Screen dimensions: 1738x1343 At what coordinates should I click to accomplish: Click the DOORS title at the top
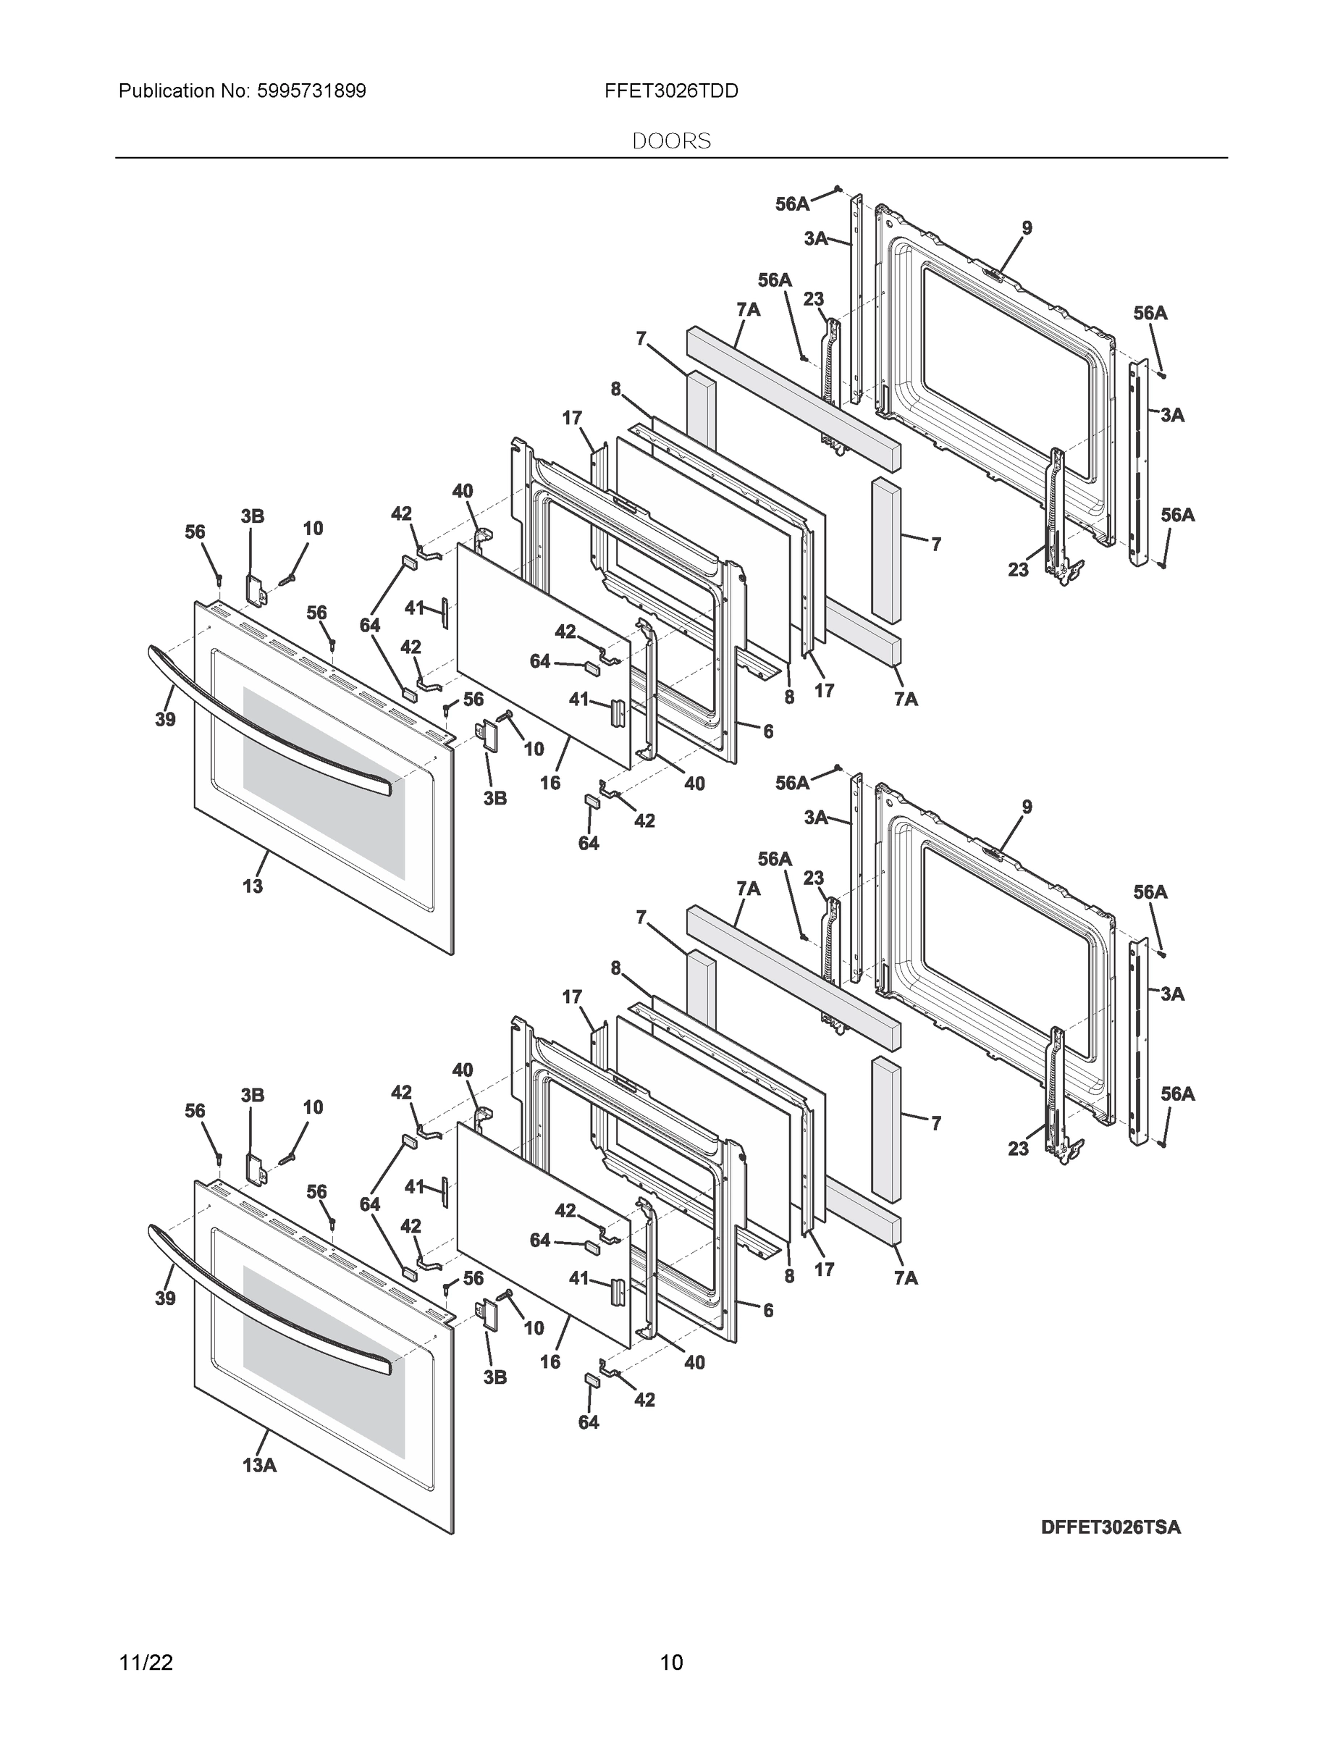[x=670, y=141]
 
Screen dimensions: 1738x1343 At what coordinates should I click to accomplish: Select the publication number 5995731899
[x=311, y=91]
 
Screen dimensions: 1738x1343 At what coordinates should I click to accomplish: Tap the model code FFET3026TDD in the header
[x=670, y=91]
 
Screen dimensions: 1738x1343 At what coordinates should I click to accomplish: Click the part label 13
[x=252, y=886]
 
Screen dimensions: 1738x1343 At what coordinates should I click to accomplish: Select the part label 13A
[x=259, y=1465]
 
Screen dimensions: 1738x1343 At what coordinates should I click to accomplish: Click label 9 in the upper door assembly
[x=1027, y=228]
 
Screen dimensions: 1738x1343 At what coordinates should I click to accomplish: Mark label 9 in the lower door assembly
[x=1027, y=807]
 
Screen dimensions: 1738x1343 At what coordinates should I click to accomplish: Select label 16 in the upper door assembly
[x=550, y=783]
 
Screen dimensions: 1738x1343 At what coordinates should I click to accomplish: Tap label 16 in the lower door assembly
[x=550, y=1362]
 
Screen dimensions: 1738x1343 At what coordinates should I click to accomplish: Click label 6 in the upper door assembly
[x=767, y=731]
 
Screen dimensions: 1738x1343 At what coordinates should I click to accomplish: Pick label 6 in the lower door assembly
[x=767, y=1311]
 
